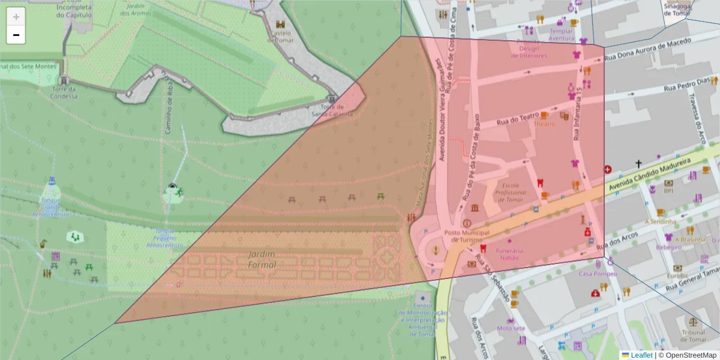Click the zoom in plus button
point(16,17)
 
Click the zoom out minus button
point(16,35)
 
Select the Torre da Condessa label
point(64,92)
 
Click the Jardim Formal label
point(262,260)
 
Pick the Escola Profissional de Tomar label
point(509,193)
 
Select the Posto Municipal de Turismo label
point(467,236)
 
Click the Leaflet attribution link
point(641,355)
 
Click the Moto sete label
point(511,328)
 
